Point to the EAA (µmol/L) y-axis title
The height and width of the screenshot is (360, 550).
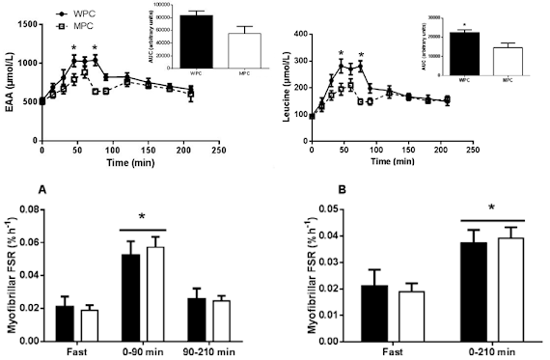(9, 83)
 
